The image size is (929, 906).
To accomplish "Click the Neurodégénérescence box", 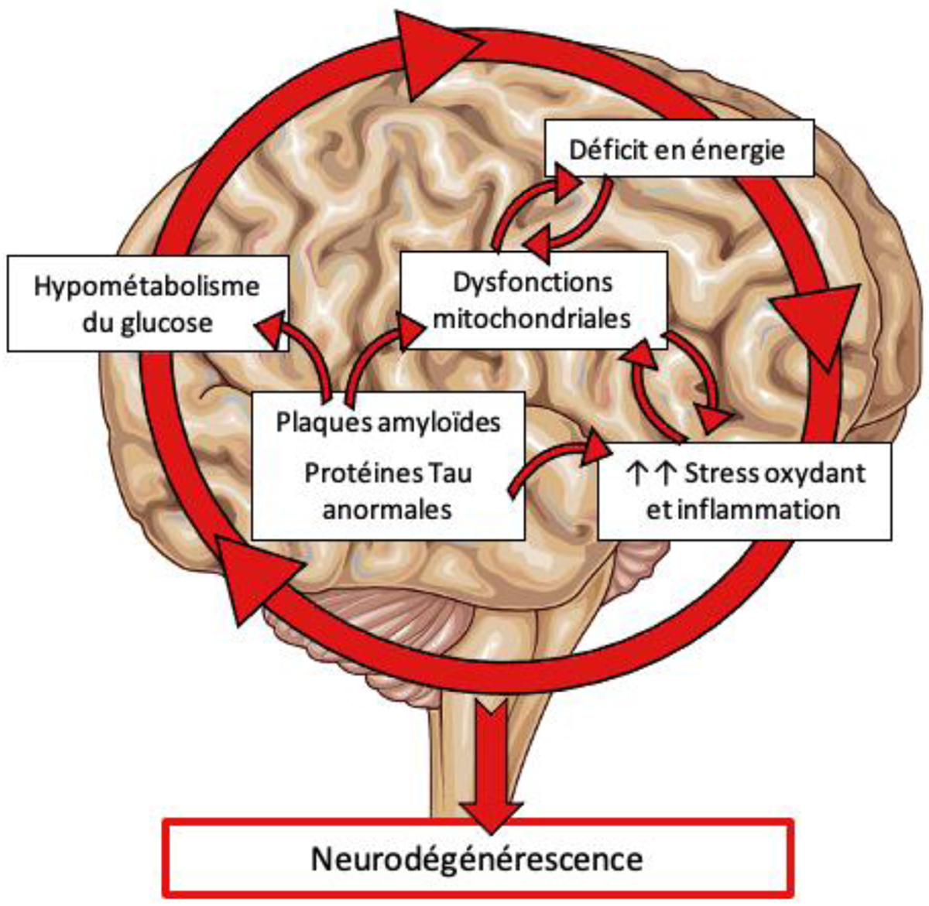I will click(x=477, y=858).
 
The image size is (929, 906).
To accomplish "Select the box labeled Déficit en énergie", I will click(x=678, y=148).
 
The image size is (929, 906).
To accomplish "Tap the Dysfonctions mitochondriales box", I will click(x=533, y=300).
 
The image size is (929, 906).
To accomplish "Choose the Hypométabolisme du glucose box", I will click(x=146, y=304).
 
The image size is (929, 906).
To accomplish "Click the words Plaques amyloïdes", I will click(x=388, y=422).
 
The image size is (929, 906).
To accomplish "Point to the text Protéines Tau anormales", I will click(x=388, y=491).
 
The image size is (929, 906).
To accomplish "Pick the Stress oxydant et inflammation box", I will click(x=744, y=491).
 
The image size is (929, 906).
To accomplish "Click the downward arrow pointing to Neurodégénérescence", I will click(x=490, y=754).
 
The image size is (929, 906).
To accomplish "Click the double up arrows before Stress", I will click(x=650, y=473).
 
